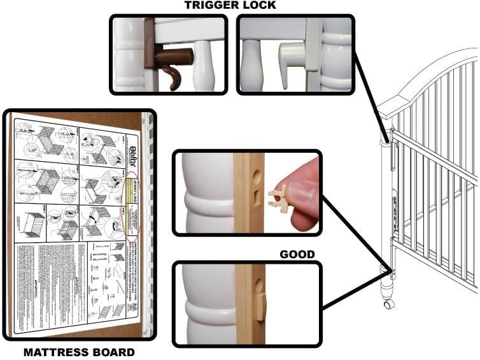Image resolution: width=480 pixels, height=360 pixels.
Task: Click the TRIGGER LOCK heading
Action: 231,5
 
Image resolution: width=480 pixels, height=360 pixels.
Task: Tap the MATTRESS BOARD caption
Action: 79,352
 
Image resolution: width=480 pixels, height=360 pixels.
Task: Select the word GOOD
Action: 297,254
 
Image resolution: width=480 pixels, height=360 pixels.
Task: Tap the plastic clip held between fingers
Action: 279,197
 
